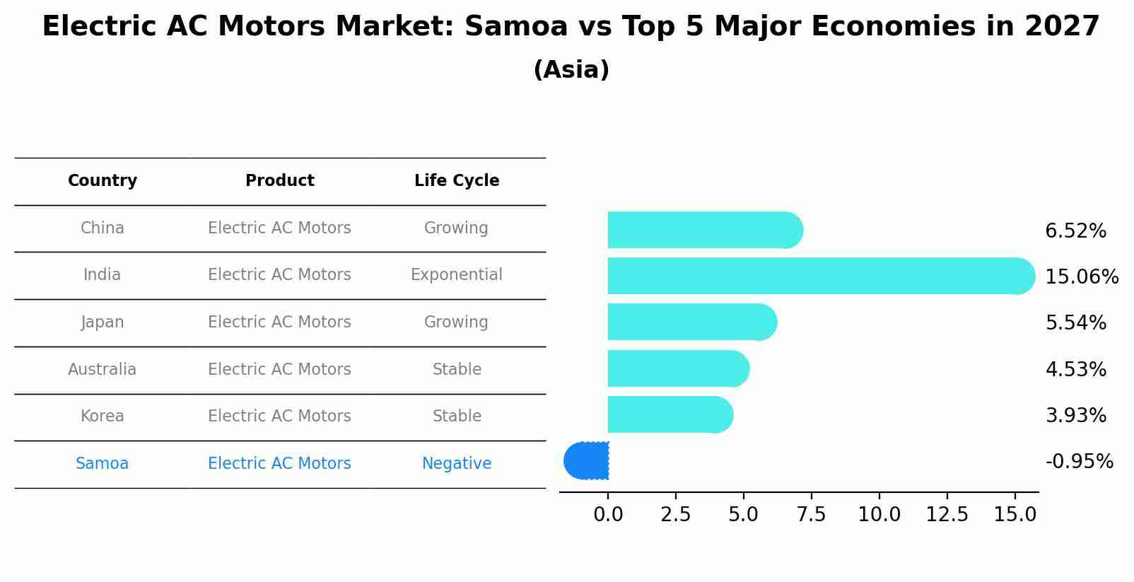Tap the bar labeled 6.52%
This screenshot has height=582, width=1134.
pyautogui.click(x=704, y=230)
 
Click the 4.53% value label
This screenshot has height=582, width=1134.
pyautogui.click(x=1075, y=369)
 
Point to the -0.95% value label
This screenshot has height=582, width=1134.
pyautogui.click(x=1079, y=461)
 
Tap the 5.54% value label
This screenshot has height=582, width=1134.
pyautogui.click(x=1075, y=322)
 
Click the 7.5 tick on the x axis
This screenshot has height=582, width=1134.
pyautogui.click(x=811, y=514)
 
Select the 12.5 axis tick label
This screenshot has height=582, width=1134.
pyautogui.click(x=947, y=514)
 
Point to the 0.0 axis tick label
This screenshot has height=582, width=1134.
pyautogui.click(x=608, y=514)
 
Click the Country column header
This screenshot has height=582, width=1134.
pyautogui.click(x=103, y=181)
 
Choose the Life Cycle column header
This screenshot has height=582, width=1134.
pyautogui.click(x=457, y=181)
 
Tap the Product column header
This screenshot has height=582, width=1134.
pyautogui.click(x=279, y=181)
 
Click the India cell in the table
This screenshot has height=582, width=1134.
pyautogui.click(x=103, y=274)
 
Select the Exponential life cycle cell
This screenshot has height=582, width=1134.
pyautogui.click(x=457, y=274)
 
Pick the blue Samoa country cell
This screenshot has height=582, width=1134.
pyautogui.click(x=103, y=463)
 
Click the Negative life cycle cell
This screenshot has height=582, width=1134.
pyautogui.click(x=457, y=463)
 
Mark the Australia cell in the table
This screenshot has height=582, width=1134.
pyautogui.click(x=103, y=369)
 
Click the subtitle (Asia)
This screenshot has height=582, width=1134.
pyautogui.click(x=571, y=70)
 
